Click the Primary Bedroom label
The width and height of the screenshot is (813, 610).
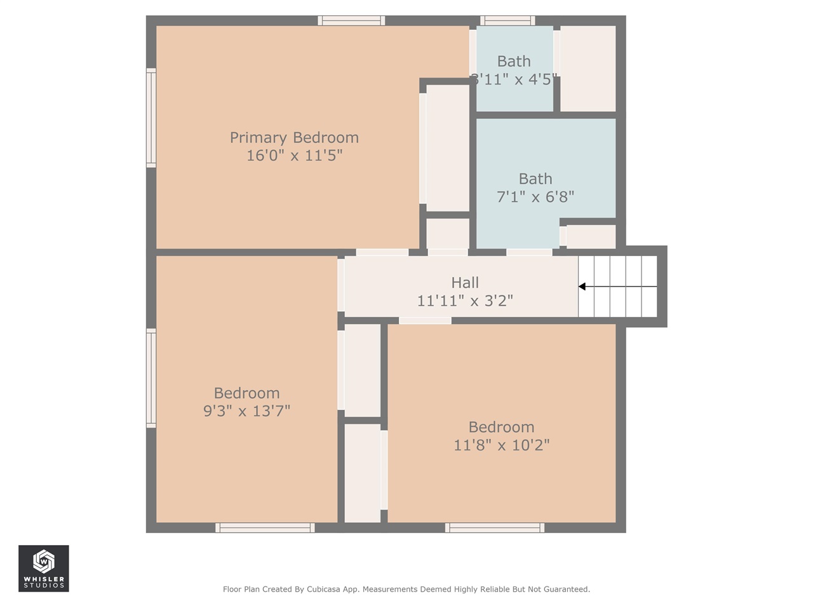pyautogui.click(x=294, y=138)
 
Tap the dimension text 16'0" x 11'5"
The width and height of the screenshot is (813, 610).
pyautogui.click(x=294, y=156)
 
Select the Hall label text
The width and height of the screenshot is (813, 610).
pyautogui.click(x=465, y=283)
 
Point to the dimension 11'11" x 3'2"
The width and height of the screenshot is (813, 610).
pyautogui.click(x=465, y=301)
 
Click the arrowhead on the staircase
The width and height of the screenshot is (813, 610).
pyautogui.click(x=582, y=287)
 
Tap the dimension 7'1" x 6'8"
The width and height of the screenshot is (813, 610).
pyautogui.click(x=535, y=197)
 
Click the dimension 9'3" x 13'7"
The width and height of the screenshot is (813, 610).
pyautogui.click(x=246, y=411)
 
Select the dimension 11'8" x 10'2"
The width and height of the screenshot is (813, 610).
pyautogui.click(x=501, y=445)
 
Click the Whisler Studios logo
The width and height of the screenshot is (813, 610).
pyautogui.click(x=43, y=568)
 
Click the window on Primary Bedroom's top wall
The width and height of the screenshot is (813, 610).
pyautogui.click(x=351, y=20)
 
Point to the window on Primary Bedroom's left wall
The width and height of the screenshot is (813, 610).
pyautogui.click(x=151, y=118)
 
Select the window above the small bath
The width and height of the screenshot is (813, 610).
pyautogui.click(x=507, y=20)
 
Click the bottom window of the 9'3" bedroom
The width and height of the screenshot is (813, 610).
pyautogui.click(x=265, y=527)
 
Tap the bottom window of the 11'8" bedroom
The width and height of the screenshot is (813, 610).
pyautogui.click(x=495, y=527)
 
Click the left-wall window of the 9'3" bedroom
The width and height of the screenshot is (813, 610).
pyautogui.click(x=151, y=377)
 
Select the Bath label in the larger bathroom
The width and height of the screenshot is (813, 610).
pyautogui.click(x=535, y=179)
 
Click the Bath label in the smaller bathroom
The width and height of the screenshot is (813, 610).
pyautogui.click(x=514, y=62)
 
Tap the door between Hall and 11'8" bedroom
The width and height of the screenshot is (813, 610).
pyautogui.click(x=425, y=320)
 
